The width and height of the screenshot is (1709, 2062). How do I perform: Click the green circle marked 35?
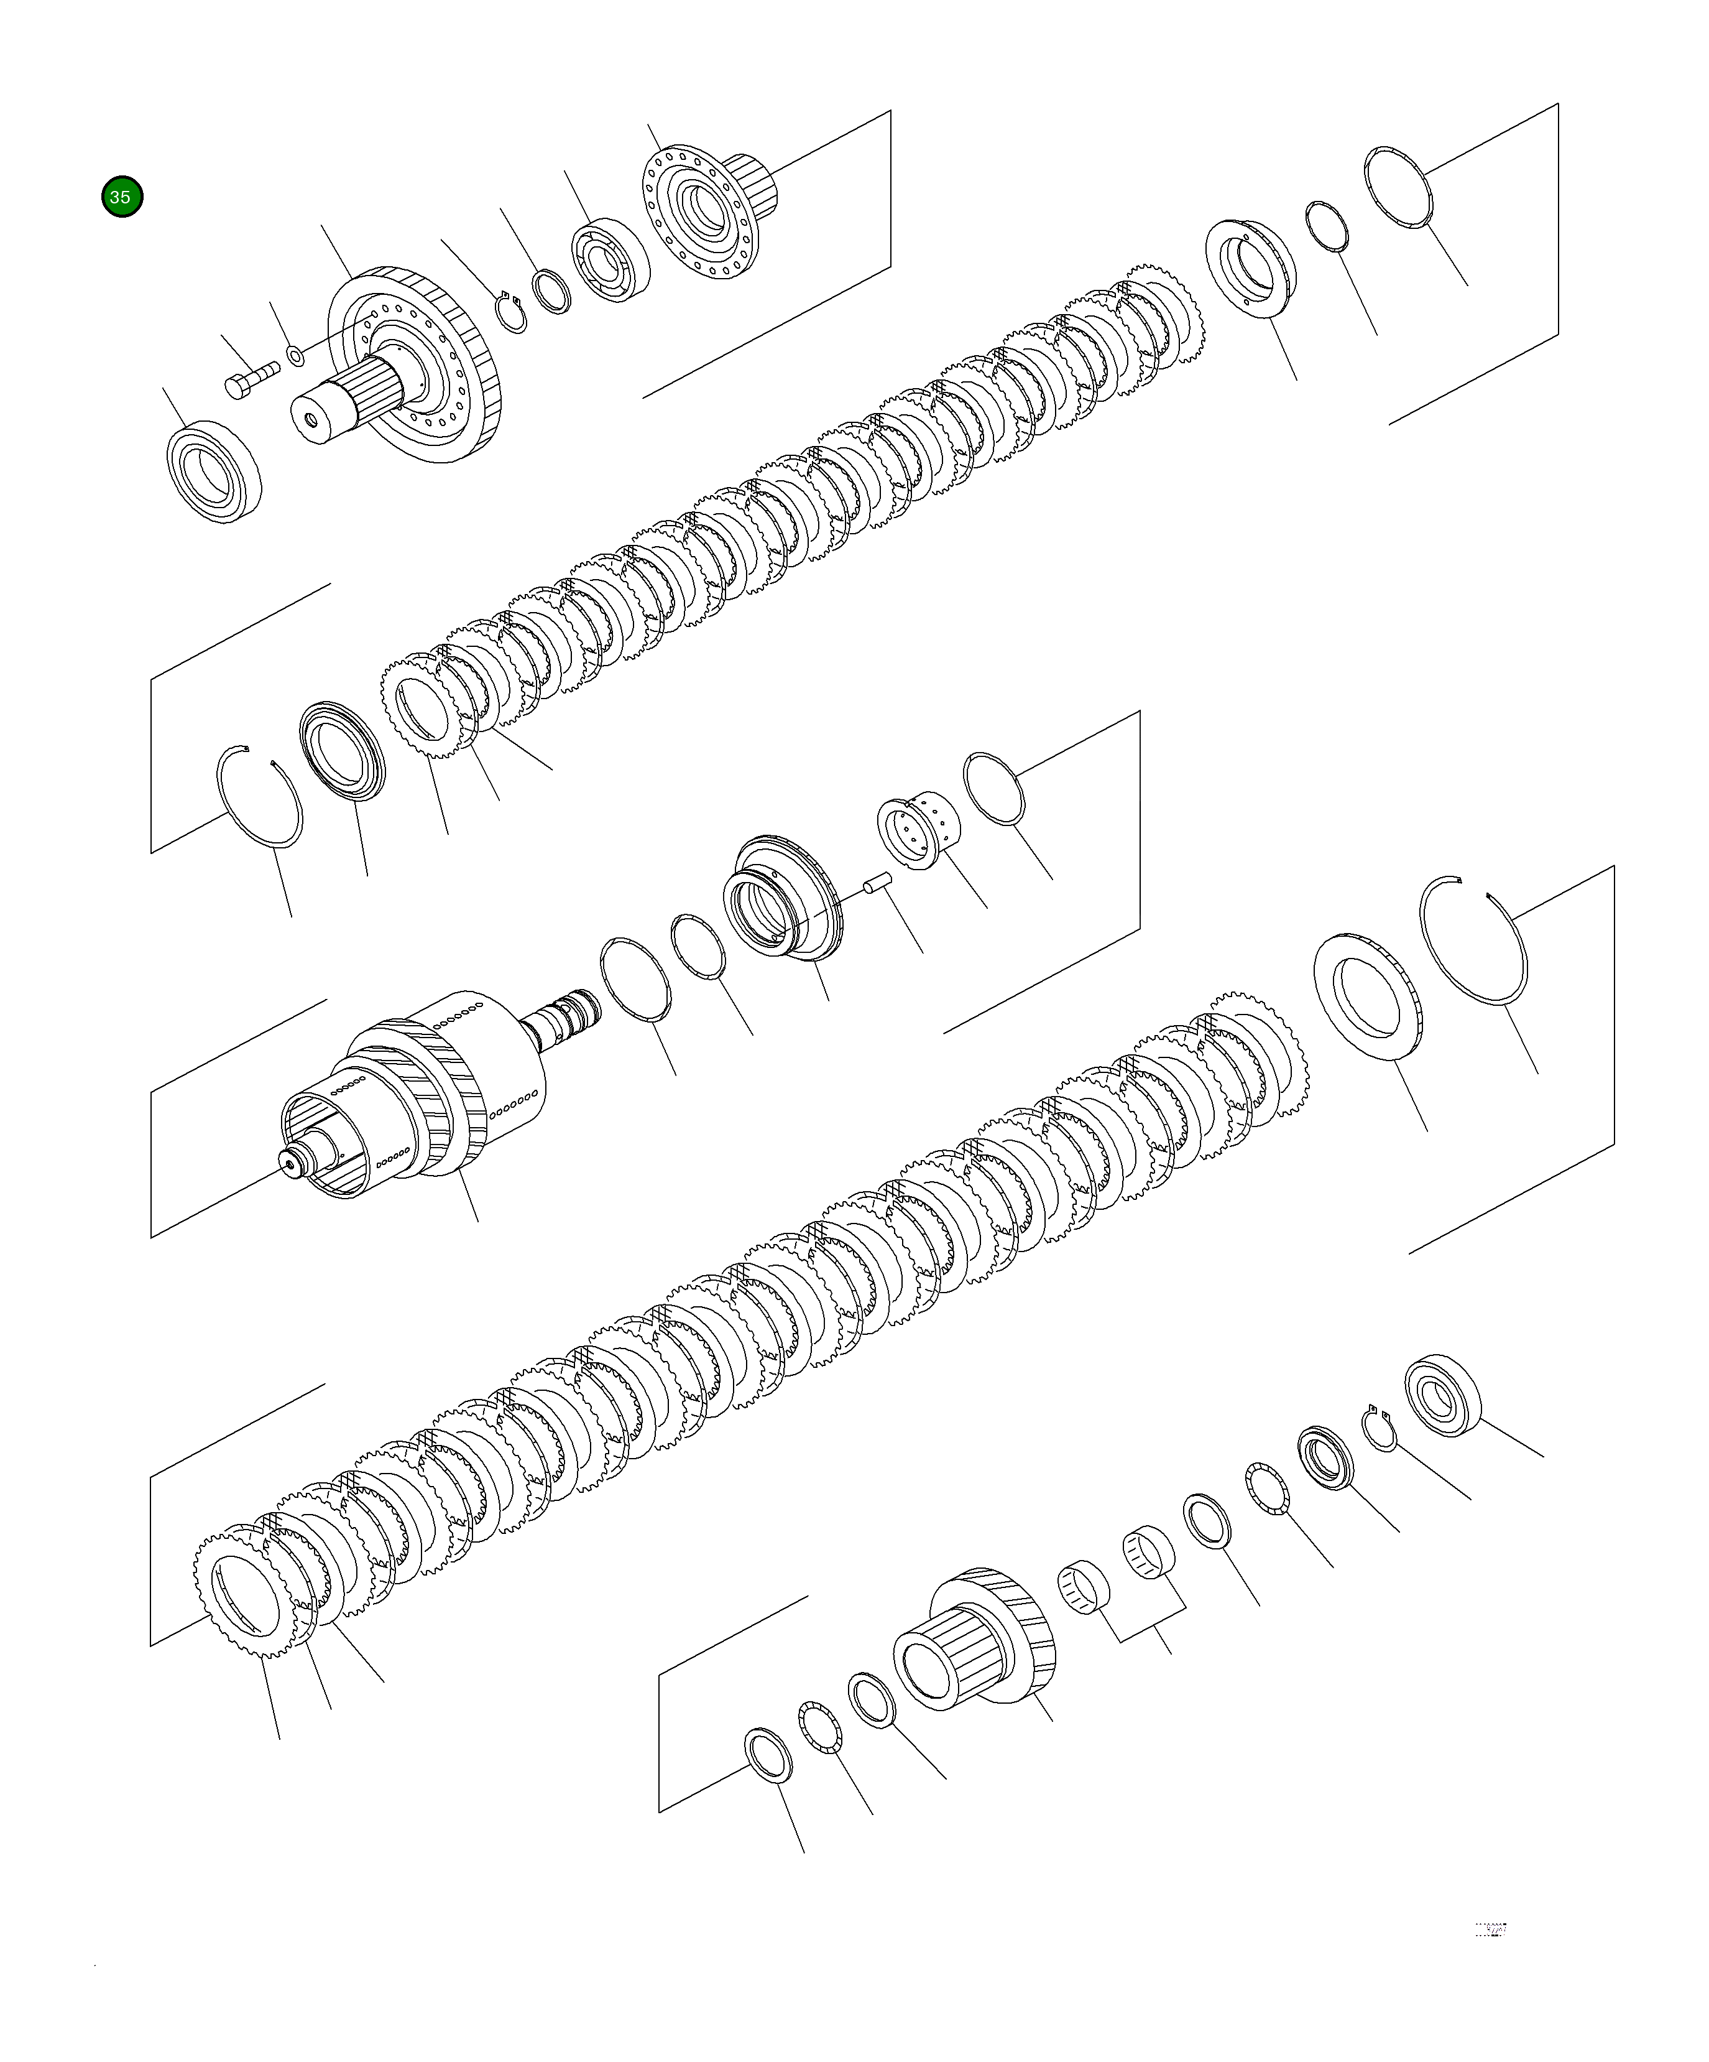point(122,197)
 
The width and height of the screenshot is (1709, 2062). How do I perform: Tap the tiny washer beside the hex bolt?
point(293,353)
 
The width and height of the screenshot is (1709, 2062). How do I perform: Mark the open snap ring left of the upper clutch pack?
point(258,796)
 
